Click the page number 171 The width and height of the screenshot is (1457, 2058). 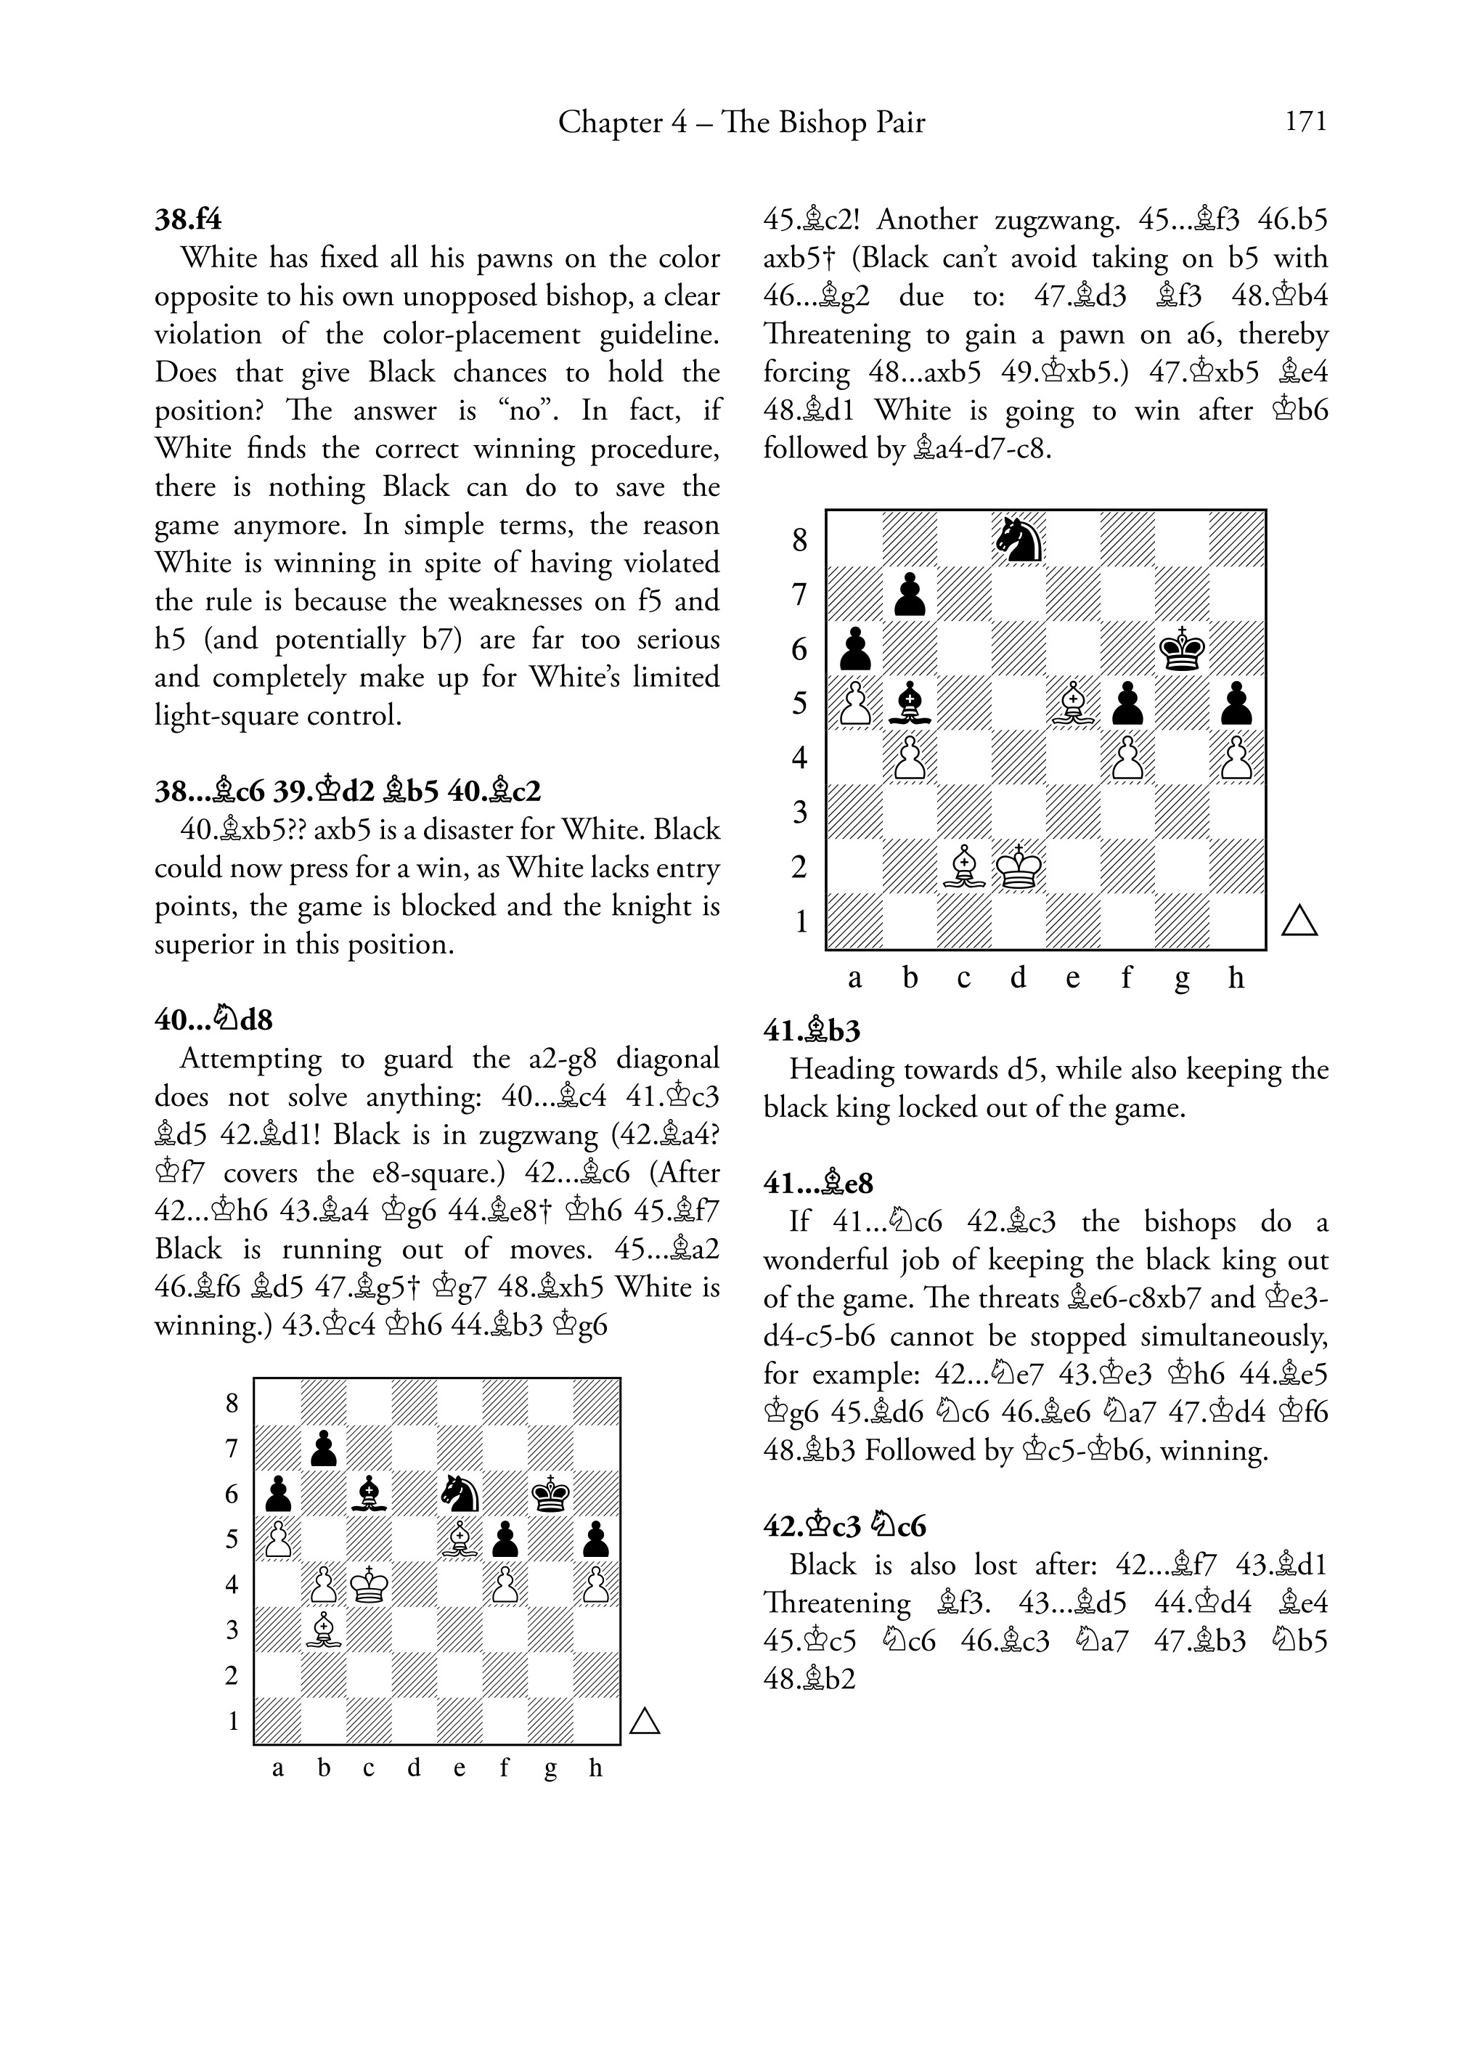(1305, 121)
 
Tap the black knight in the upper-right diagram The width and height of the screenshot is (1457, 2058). (1019, 539)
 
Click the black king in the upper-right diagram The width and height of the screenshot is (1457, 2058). (1182, 648)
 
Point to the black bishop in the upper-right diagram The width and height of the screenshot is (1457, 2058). (910, 704)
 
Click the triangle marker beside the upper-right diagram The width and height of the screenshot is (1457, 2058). (1299, 921)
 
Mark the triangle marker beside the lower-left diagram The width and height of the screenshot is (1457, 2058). (645, 1720)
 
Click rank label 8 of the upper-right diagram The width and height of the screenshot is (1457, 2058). (800, 540)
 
